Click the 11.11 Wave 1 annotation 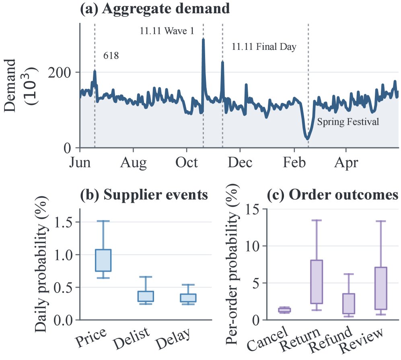tap(167, 31)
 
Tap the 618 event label tap(111, 55)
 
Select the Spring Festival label tap(348, 122)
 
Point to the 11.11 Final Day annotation tap(264, 47)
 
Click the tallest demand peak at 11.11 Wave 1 tap(203, 40)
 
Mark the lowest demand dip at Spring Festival tap(307, 139)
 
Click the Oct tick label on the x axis tap(187, 162)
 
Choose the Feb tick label tap(294, 162)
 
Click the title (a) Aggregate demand tap(155, 9)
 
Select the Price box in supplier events tap(103, 260)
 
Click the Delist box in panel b tap(146, 297)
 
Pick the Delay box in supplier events tap(188, 298)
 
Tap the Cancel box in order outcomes tap(285, 310)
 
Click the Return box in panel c tap(317, 282)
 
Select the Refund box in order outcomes tap(349, 303)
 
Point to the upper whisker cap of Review tap(380, 221)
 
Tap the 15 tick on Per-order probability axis tap(252, 209)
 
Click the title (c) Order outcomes tap(333, 195)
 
